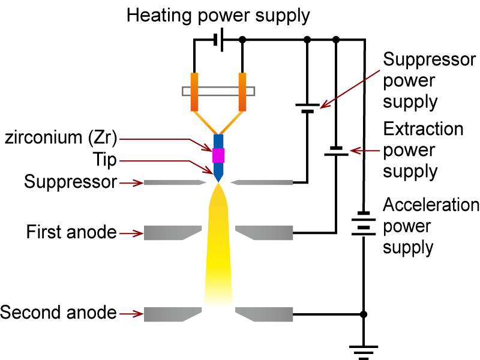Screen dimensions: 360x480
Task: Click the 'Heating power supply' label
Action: (218, 15)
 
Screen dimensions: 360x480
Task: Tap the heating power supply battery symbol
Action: (218, 41)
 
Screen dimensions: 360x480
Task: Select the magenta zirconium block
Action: (218, 155)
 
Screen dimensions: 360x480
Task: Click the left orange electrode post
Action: (194, 91)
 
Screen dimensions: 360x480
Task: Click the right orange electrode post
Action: (242, 91)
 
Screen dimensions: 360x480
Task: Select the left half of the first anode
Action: (170, 232)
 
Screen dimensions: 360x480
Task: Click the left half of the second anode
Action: (170, 314)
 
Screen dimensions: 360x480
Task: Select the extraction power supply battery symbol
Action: (335, 151)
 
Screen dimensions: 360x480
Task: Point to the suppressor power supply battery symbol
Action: (307, 107)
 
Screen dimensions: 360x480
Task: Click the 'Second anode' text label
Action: (58, 313)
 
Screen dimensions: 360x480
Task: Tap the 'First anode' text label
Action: (71, 232)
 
